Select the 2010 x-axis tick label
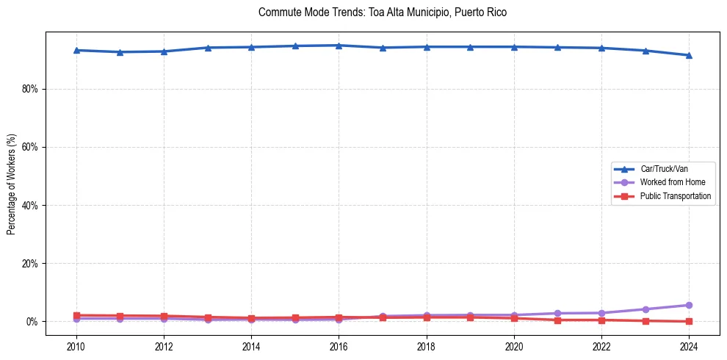point(76,345)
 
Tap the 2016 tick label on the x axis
point(339,345)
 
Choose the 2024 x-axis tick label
point(689,345)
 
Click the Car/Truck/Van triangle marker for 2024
point(689,55)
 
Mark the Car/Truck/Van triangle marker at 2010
point(76,50)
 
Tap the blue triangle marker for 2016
point(339,46)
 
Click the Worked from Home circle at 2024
point(689,305)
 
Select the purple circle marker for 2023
point(645,309)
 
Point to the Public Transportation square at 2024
point(689,321)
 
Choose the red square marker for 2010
point(76,315)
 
